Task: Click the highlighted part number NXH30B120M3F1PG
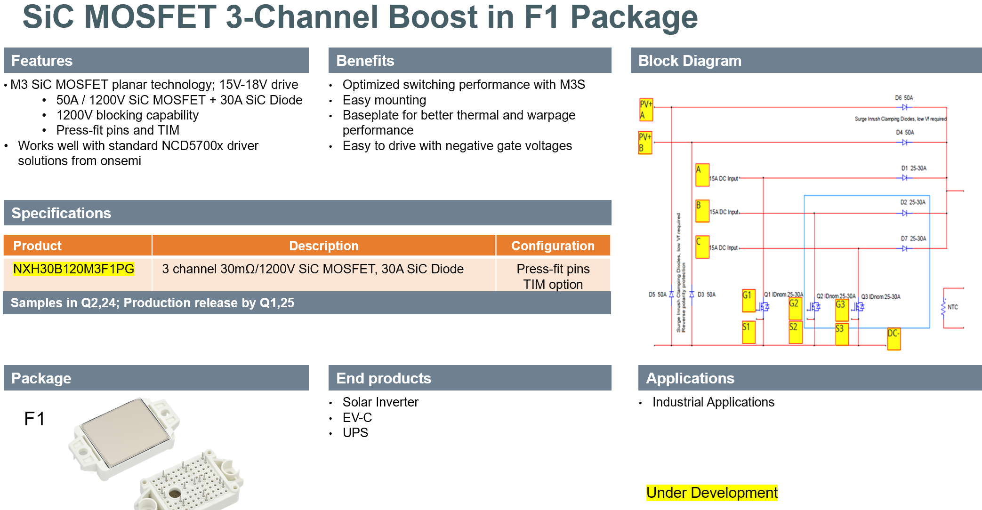point(73,269)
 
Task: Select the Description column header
point(323,246)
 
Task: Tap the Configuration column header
point(553,246)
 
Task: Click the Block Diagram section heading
point(690,61)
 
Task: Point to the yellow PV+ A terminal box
point(645,110)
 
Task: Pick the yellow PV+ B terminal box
point(645,143)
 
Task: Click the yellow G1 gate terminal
point(748,301)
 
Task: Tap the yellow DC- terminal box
point(893,339)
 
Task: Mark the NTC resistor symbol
point(943,307)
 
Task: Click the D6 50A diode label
point(904,98)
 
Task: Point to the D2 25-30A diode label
point(913,202)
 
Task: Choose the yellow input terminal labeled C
point(702,247)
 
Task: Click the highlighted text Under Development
point(712,493)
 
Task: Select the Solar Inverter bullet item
point(380,402)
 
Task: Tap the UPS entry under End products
point(355,433)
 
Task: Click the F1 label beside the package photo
point(34,419)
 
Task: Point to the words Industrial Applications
point(713,402)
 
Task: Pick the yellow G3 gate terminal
point(841,310)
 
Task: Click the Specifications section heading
point(61,213)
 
